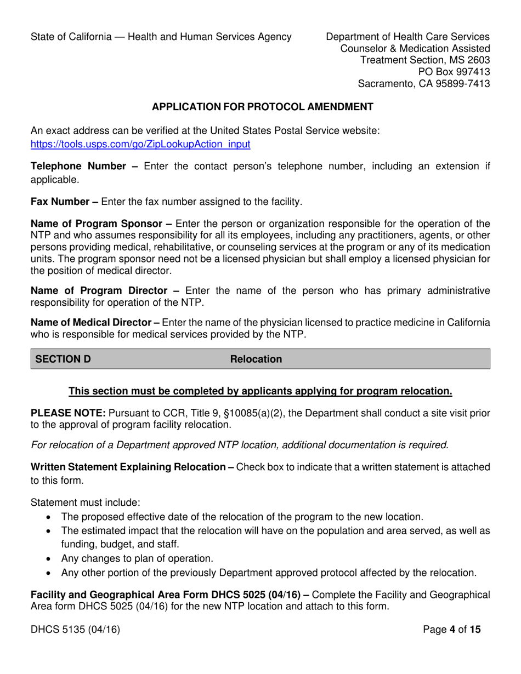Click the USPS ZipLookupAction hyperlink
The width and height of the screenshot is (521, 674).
pyautogui.click(x=140, y=145)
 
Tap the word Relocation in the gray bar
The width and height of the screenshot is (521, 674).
pyautogui.click(x=256, y=359)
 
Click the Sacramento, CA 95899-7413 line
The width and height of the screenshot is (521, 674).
pyautogui.click(x=423, y=84)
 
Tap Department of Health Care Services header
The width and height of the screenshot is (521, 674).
pyautogui.click(x=407, y=37)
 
